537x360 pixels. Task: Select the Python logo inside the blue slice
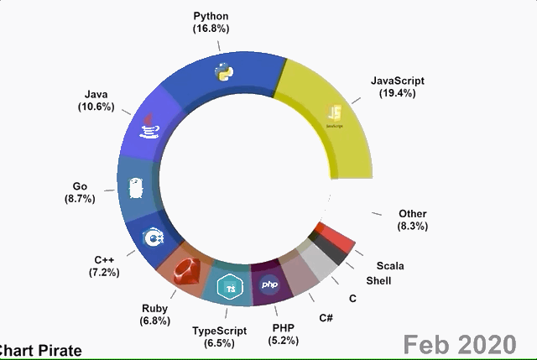click(x=222, y=71)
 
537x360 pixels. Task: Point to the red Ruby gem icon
click(x=188, y=274)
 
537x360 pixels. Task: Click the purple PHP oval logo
click(x=270, y=285)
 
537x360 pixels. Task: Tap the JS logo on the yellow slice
click(x=335, y=115)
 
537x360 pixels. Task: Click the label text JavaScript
click(x=398, y=81)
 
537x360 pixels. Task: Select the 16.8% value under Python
click(x=211, y=29)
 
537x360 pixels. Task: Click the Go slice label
click(x=80, y=186)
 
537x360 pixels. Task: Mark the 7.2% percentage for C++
click(x=104, y=273)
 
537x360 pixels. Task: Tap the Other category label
click(x=413, y=214)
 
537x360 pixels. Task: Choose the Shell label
click(x=378, y=281)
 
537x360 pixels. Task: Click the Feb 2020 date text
click(x=458, y=344)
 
